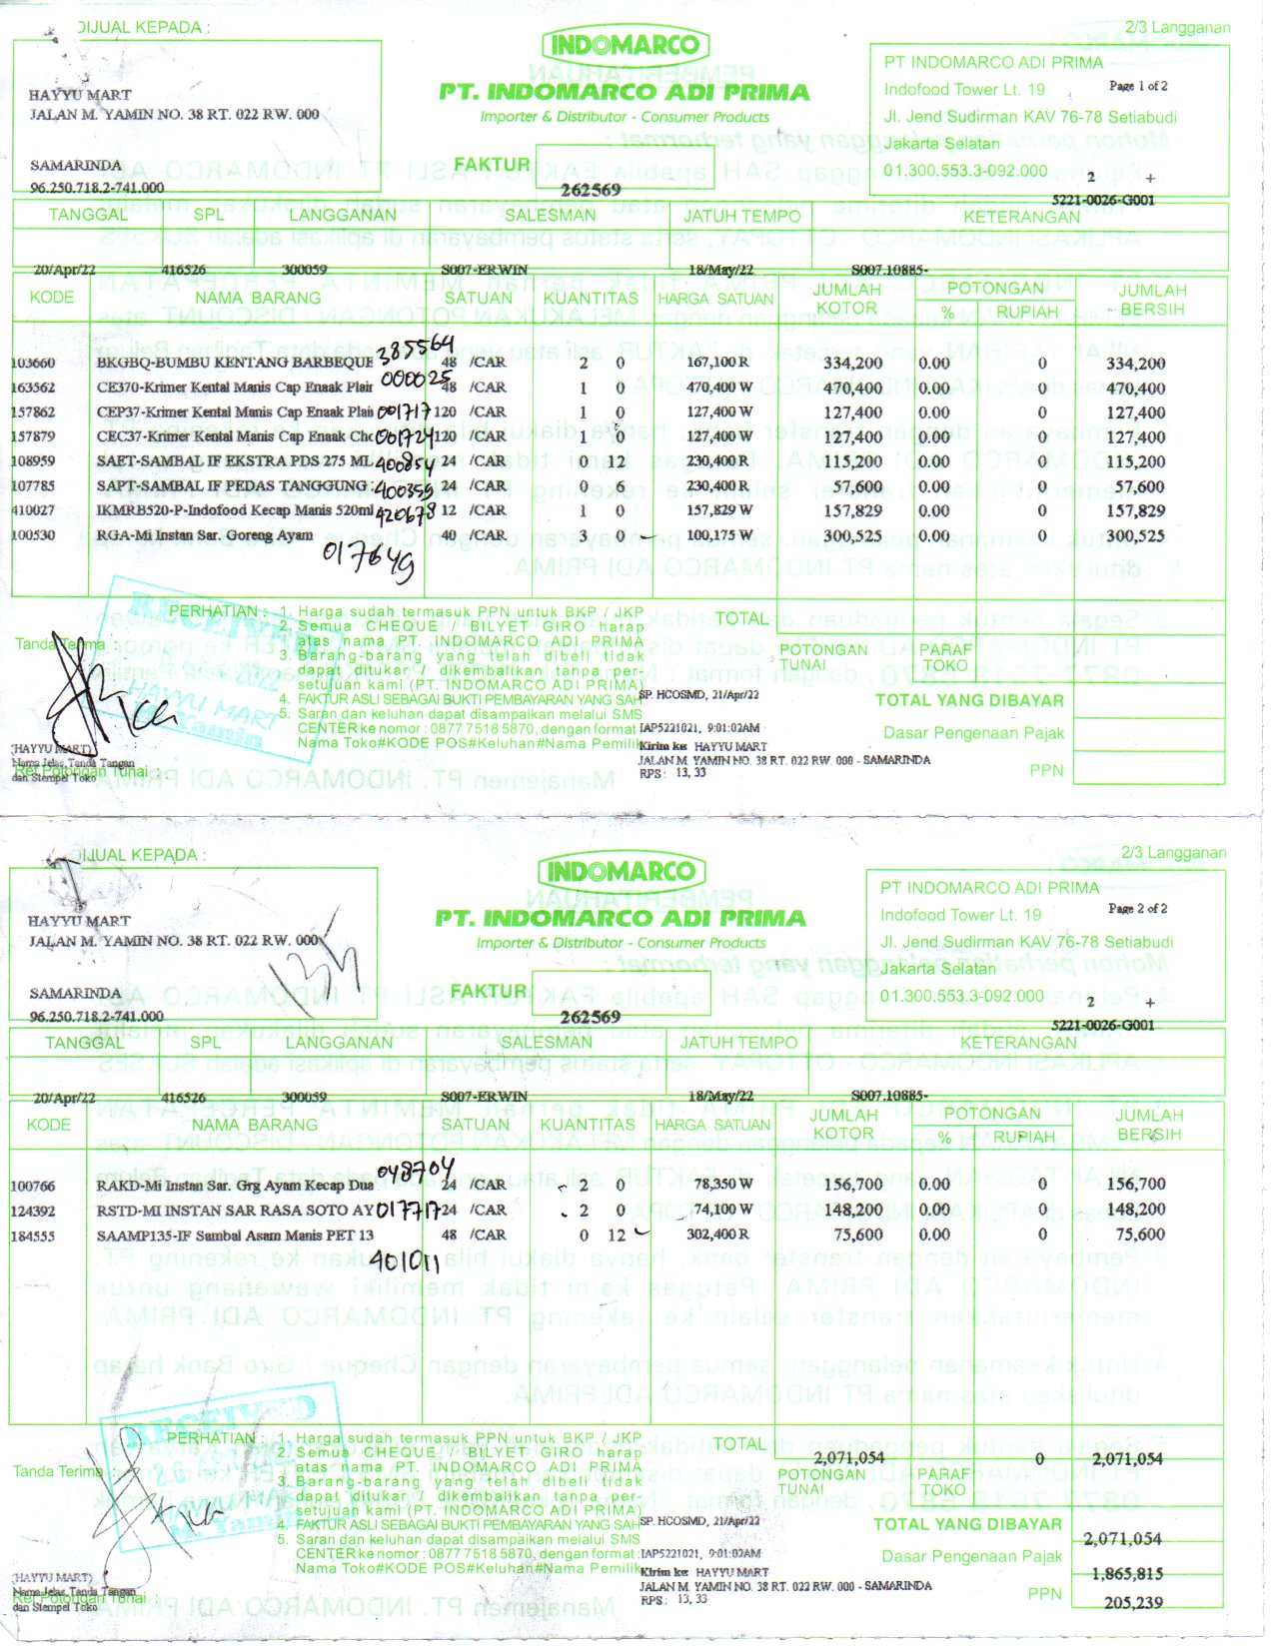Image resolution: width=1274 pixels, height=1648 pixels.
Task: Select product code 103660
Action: point(33,364)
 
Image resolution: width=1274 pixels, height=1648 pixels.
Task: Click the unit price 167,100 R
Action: point(718,363)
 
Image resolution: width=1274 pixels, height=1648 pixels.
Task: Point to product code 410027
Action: point(33,510)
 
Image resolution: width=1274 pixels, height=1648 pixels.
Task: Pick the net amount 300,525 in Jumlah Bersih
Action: point(1136,536)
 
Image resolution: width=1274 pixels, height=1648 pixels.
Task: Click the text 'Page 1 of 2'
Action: point(1138,86)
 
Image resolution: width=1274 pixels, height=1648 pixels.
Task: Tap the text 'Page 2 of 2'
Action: point(1137,909)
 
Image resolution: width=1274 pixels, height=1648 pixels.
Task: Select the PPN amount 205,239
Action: point(1133,1603)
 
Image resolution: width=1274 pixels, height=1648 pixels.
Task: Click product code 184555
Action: point(33,1236)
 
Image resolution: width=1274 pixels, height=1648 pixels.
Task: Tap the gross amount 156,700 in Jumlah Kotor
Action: point(852,1185)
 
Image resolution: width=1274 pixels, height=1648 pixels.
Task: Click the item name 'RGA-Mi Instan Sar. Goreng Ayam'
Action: point(205,535)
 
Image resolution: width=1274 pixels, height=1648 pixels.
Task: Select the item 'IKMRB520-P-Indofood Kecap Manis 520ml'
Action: point(235,511)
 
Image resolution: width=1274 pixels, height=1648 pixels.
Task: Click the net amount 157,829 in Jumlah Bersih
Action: point(1136,511)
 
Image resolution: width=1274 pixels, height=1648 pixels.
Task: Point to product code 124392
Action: point(33,1212)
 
